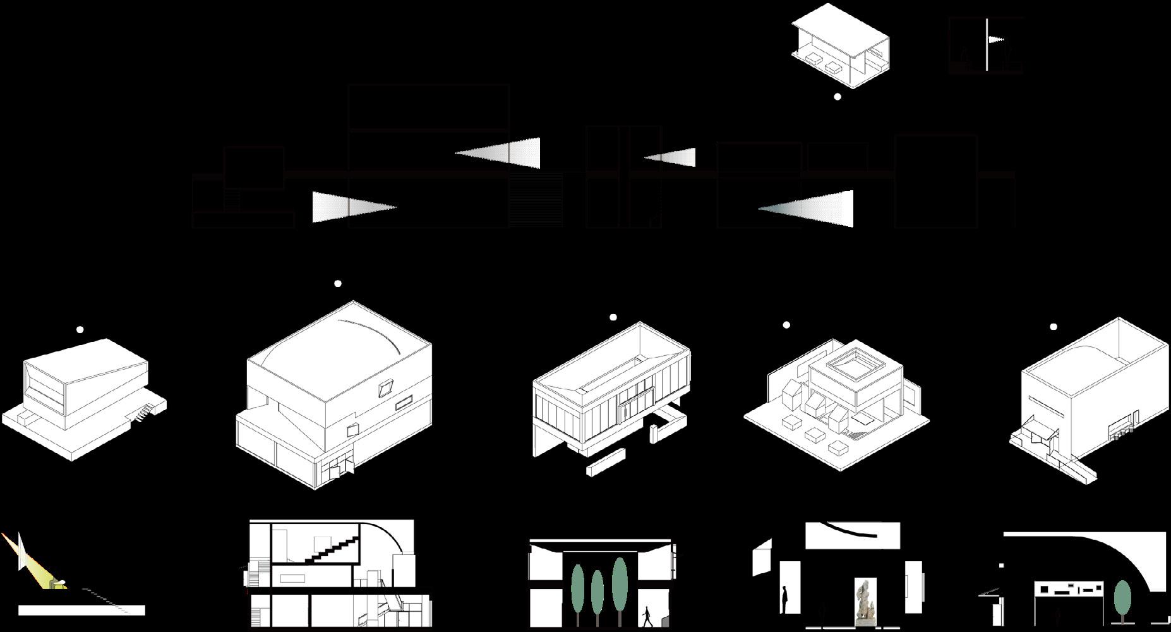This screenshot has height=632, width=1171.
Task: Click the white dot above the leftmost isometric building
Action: click(x=80, y=329)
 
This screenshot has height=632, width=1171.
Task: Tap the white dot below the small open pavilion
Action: click(x=838, y=97)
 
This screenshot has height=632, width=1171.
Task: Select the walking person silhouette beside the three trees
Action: click(x=647, y=616)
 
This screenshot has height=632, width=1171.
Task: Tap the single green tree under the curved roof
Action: click(x=1122, y=597)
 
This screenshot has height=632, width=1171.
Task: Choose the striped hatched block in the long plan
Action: click(x=536, y=200)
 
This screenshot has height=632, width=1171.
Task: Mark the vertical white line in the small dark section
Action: click(x=987, y=44)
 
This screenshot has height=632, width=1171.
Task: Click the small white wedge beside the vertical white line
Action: click(x=995, y=40)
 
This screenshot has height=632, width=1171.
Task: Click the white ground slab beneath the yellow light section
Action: click(x=81, y=610)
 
